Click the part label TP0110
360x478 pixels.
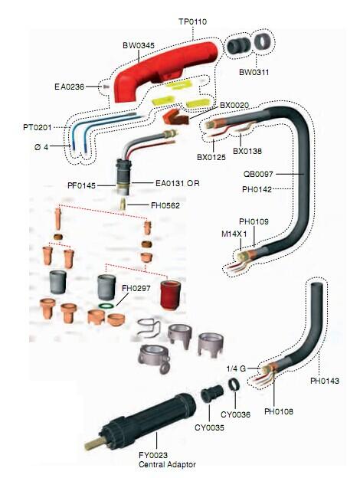(192, 21)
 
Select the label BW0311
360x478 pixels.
(254, 72)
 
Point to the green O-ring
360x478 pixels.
(106, 305)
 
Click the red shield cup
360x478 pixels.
(170, 294)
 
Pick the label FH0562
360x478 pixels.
(165, 205)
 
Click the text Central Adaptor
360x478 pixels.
(167, 464)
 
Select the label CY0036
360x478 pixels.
(235, 414)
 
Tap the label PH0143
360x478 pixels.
(325, 381)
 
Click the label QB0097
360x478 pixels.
(258, 174)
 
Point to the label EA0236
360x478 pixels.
(69, 87)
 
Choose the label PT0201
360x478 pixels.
(38, 127)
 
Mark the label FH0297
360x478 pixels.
(136, 288)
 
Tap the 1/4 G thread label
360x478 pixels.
(236, 368)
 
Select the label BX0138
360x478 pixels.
(247, 151)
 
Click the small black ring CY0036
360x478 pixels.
(234, 385)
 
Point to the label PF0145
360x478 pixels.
(81, 185)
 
